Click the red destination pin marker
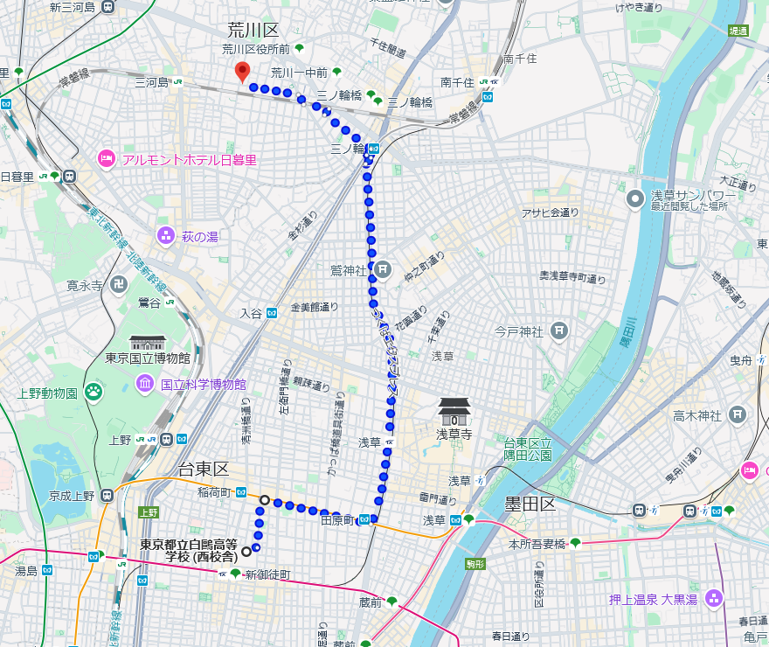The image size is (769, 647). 243,73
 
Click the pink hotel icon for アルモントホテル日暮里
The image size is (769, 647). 105,159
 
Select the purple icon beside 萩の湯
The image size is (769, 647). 165,236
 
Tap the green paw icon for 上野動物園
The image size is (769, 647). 93,391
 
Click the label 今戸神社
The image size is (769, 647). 519,331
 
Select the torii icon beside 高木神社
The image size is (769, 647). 738,415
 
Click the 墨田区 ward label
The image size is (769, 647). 530,504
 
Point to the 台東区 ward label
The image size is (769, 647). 203,470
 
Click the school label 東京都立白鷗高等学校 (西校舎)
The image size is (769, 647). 189,550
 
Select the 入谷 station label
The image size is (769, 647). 251,312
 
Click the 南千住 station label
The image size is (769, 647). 457,82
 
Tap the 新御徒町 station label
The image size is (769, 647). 267,574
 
